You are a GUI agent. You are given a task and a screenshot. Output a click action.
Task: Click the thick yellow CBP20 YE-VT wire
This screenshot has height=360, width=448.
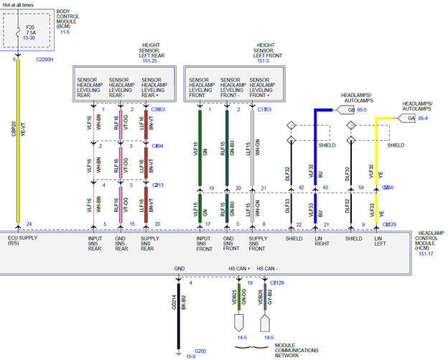click(19, 144)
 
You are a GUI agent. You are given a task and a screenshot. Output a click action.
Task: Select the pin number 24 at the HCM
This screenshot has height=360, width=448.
click(29, 224)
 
